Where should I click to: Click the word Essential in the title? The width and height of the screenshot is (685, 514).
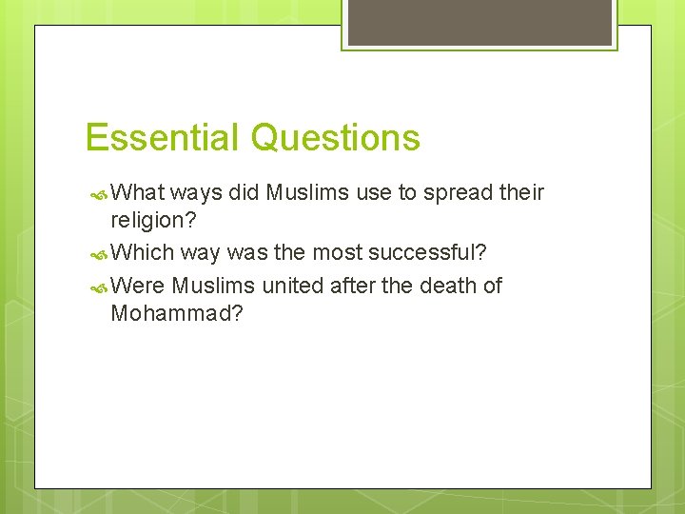[x=163, y=138]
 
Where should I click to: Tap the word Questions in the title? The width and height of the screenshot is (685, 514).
[x=334, y=138]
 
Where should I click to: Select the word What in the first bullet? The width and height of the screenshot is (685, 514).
[x=138, y=193]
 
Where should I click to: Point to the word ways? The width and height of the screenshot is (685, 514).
[x=197, y=193]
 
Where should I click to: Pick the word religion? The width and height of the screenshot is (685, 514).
[x=151, y=222]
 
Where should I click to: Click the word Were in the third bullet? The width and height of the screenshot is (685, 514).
[x=139, y=286]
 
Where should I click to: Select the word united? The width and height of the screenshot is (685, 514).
[x=290, y=286]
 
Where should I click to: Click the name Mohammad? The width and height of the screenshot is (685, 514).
[x=177, y=313]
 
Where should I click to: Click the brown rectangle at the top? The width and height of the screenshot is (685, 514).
[x=479, y=22]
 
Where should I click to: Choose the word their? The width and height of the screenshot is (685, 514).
[x=522, y=193]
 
